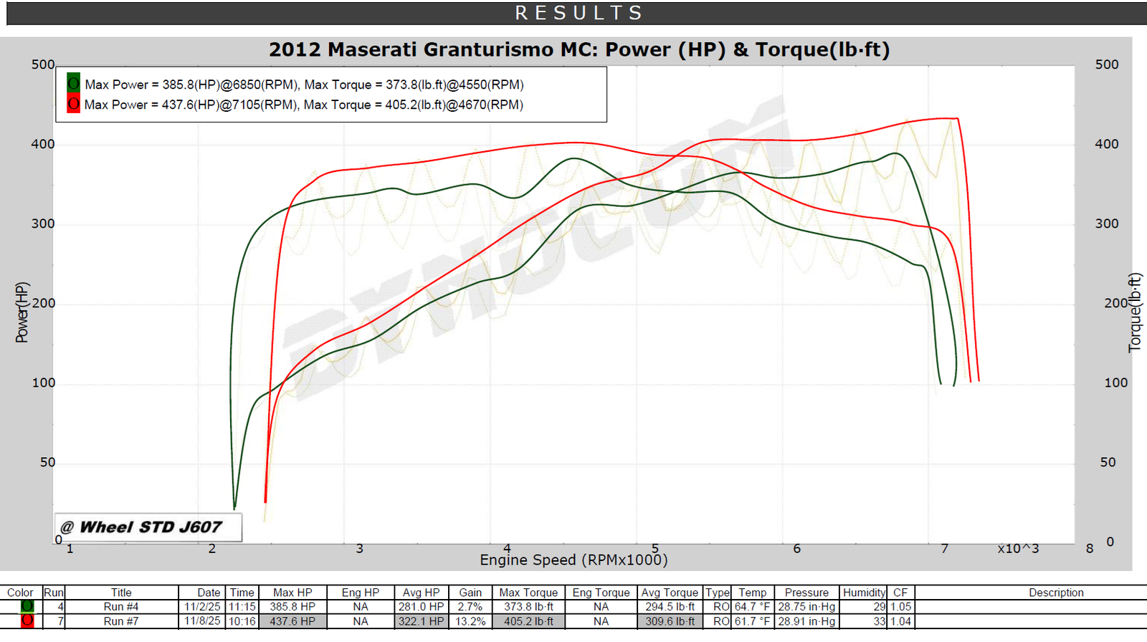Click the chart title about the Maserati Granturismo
click(579, 49)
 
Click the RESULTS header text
click(579, 13)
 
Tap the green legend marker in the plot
click(73, 83)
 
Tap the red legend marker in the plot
click(73, 104)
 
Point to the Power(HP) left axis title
click(22, 312)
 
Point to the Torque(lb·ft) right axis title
click(1134, 312)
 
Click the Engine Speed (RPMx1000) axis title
click(573, 560)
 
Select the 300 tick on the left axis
click(43, 224)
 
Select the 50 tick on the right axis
click(1108, 462)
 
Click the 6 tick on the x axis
click(796, 549)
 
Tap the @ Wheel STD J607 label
click(149, 527)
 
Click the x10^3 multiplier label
click(1018, 549)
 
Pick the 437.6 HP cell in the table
click(292, 621)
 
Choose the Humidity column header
click(864, 593)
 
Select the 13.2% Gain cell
click(470, 621)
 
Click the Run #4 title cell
click(121, 606)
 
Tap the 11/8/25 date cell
click(202, 621)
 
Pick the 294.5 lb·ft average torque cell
click(670, 606)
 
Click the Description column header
click(1056, 593)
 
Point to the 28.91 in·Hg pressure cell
click(806, 621)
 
